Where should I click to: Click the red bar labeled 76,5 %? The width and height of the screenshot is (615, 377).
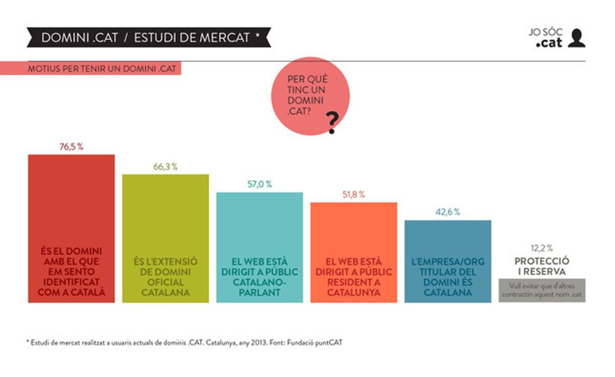point(71,228)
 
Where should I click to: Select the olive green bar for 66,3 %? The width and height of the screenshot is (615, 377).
point(165,238)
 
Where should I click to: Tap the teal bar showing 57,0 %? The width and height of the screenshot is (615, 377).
point(260,247)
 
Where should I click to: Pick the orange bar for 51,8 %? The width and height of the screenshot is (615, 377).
point(354,252)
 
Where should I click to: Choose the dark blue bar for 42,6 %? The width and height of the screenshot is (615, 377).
point(448,261)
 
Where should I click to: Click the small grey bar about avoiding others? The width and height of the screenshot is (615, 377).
point(542,290)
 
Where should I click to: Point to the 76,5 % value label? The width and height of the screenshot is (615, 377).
point(71,147)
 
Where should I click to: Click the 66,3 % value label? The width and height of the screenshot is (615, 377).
point(165,167)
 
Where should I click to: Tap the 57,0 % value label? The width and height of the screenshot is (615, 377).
point(260,184)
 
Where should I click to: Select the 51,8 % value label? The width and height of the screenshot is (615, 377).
point(354,195)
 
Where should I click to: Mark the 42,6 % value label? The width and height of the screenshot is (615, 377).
point(448,212)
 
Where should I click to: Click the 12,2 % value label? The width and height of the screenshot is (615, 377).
point(542,248)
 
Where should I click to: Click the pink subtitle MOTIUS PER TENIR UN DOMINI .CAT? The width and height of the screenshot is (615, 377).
point(97,69)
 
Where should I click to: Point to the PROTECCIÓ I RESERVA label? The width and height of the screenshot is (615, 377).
point(542,266)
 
